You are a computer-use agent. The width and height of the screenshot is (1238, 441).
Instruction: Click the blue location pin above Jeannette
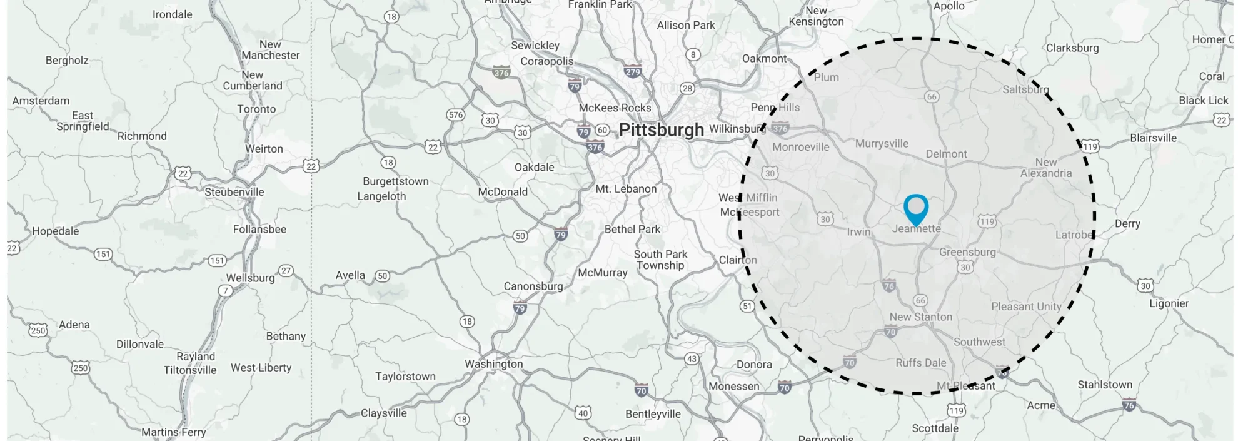point(916,208)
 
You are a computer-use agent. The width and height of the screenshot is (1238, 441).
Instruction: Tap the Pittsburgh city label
point(661,130)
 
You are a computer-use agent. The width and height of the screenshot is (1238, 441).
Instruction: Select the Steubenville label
point(234,192)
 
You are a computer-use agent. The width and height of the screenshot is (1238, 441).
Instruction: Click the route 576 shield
point(455,115)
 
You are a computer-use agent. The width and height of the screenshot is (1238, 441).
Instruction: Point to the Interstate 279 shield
point(633,72)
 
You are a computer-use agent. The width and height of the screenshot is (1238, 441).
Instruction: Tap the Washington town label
point(493,364)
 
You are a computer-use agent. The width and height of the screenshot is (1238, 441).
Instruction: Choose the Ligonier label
point(1169,303)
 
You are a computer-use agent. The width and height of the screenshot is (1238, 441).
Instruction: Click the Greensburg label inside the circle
point(967,252)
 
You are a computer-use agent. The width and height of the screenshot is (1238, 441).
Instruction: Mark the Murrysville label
point(882,144)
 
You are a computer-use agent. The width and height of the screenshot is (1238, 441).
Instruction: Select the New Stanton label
point(920,317)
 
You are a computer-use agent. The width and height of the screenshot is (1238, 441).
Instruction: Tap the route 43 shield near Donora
point(692,359)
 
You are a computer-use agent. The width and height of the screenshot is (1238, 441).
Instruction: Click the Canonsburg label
point(533,286)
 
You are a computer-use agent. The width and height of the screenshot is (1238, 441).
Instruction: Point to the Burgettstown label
point(396,181)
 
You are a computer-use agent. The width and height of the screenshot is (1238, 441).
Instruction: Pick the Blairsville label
point(1153,138)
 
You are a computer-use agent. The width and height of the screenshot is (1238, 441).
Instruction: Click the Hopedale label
point(56,231)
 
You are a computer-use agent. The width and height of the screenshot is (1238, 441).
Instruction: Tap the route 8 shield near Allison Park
point(693,54)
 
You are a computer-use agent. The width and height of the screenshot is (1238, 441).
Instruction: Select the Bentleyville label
point(653,414)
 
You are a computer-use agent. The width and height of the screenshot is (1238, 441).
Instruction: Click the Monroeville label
point(800,147)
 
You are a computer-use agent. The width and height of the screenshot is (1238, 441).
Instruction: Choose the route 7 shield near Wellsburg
point(225,291)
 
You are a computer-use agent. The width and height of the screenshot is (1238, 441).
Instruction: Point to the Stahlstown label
point(1104,385)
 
